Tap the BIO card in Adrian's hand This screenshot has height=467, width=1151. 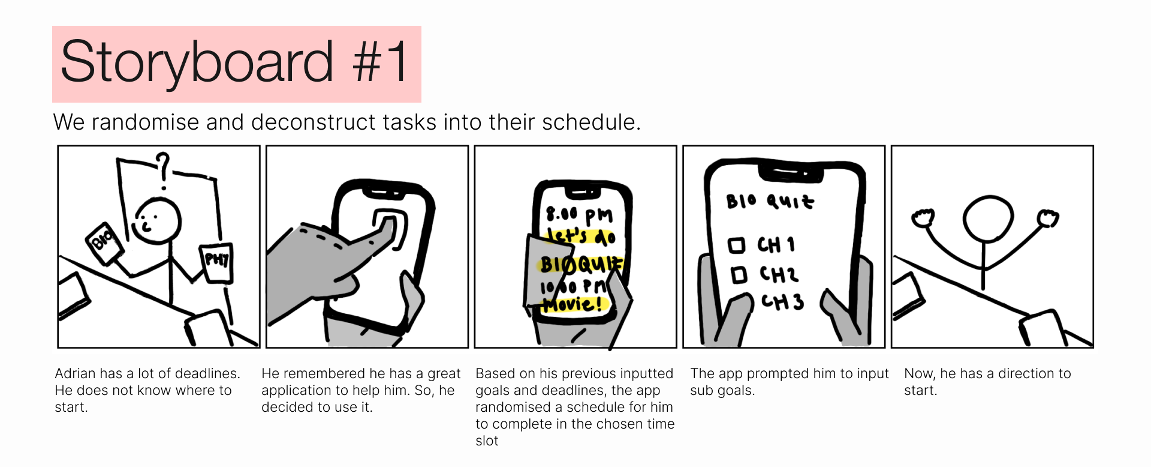(x=105, y=242)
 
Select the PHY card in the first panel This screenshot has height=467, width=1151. (x=216, y=262)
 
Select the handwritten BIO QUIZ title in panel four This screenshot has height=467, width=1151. (x=770, y=201)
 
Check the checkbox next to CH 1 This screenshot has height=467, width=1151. (x=736, y=245)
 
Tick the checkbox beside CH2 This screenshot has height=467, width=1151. (x=739, y=275)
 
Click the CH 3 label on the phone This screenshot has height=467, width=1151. (x=782, y=301)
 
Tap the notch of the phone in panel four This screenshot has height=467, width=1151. (x=790, y=173)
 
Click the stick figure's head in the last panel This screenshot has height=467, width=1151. (x=988, y=218)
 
